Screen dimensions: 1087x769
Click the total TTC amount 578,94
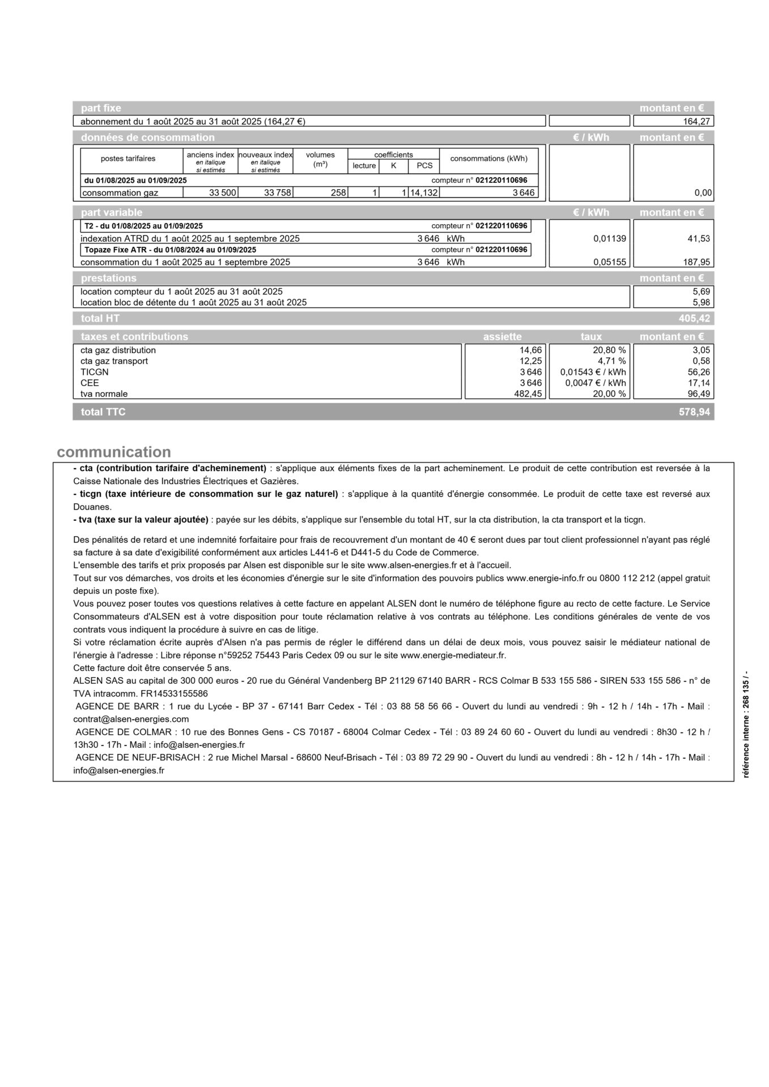(694, 412)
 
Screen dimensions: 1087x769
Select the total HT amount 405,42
(694, 319)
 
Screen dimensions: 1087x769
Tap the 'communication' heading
(114, 452)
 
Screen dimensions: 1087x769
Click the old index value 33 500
(222, 193)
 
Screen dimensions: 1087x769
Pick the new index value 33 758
(278, 193)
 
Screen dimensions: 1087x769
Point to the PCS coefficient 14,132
(424, 193)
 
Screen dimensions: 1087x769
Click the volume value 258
(338, 193)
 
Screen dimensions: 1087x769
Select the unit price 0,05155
(610, 262)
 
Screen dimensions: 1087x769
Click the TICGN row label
(95, 372)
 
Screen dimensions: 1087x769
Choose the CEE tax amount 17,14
(699, 383)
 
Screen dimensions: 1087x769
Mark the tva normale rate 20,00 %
(609, 394)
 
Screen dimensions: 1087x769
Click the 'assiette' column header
(502, 337)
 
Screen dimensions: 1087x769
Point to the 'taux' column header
(591, 337)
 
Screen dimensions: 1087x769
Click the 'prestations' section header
(109, 279)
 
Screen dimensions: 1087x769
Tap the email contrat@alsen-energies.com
(131, 719)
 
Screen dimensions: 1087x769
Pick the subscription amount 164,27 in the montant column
(698, 121)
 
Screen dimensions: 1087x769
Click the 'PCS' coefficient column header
(424, 166)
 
